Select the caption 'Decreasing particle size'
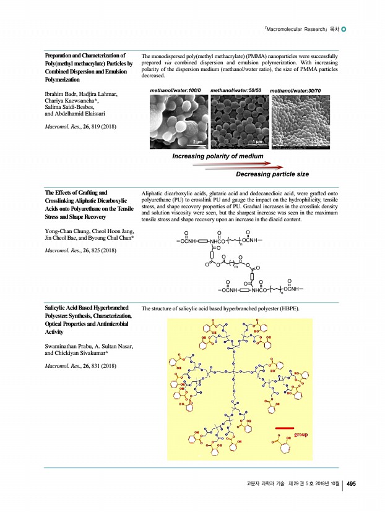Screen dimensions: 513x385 272,174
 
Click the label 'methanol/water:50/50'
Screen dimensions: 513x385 236,91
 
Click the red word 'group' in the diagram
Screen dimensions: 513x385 300,435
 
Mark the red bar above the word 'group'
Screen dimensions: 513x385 287,426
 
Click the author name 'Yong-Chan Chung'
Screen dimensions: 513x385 65,230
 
